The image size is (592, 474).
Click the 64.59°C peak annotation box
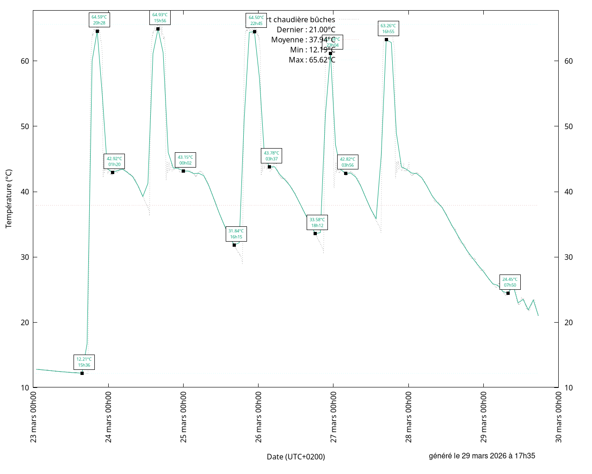click(99, 20)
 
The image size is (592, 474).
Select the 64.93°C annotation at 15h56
click(160, 18)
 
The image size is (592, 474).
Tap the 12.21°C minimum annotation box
click(84, 362)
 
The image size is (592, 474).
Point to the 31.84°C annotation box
click(236, 234)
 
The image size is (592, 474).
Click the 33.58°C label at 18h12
click(317, 223)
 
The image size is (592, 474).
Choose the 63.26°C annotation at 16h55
click(388, 29)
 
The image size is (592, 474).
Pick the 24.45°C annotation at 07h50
click(510, 282)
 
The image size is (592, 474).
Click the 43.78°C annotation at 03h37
click(271, 156)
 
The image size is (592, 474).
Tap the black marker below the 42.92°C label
click(112, 172)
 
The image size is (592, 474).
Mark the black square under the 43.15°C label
click(183, 171)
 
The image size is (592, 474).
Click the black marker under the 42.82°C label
click(345, 173)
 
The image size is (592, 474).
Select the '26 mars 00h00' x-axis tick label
click(259, 417)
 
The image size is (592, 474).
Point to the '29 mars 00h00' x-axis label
click(484, 417)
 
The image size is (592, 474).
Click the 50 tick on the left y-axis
click(25, 126)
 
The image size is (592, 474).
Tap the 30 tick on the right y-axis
click(568, 257)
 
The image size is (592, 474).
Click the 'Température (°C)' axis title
click(9, 199)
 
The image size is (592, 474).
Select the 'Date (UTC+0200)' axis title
click(296, 456)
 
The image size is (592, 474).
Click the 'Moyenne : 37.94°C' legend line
click(303, 40)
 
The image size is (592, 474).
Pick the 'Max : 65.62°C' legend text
click(312, 60)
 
